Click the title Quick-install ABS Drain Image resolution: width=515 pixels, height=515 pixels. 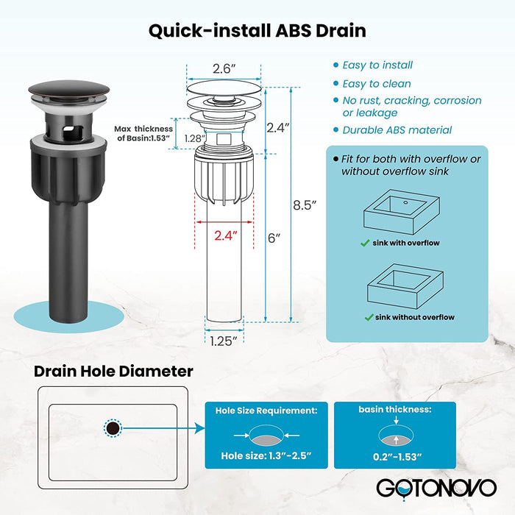[x=257, y=31]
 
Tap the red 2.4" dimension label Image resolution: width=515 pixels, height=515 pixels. [x=227, y=236]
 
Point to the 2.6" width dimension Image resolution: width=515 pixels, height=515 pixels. [x=224, y=69]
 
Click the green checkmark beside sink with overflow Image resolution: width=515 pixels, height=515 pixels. [x=365, y=243]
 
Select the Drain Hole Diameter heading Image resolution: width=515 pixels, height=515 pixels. [x=113, y=372]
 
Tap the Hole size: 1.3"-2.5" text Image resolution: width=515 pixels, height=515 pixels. [x=266, y=454]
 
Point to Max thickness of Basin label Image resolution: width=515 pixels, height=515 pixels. [x=143, y=133]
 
